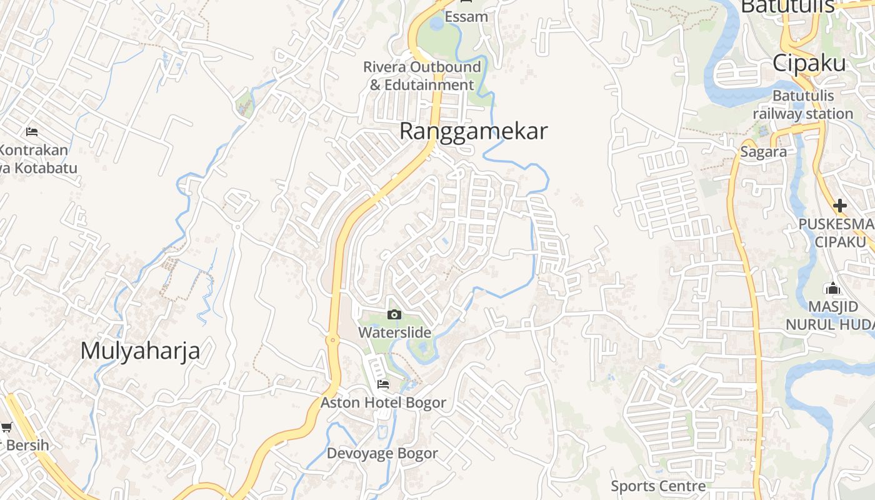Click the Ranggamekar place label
pyautogui.click(x=473, y=131)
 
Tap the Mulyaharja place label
pyautogui.click(x=140, y=351)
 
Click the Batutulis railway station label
pyautogui.click(x=802, y=105)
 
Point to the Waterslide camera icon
pyautogui.click(x=394, y=314)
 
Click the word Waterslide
pyautogui.click(x=394, y=332)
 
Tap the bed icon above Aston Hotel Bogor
pyautogui.click(x=382, y=384)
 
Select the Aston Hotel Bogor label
pyautogui.click(x=383, y=402)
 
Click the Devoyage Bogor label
pyautogui.click(x=382, y=453)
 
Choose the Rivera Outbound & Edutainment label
pyautogui.click(x=422, y=76)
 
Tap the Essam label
pyautogui.click(x=466, y=17)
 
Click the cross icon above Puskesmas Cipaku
pyautogui.click(x=839, y=205)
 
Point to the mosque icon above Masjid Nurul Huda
pyautogui.click(x=832, y=288)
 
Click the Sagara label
pyautogui.click(x=763, y=152)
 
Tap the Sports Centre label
pyautogui.click(x=658, y=486)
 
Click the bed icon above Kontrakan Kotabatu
pyautogui.click(x=32, y=131)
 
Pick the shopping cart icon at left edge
pyautogui.click(x=6, y=427)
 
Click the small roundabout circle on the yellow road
pyautogui.click(x=332, y=340)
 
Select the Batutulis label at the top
pyautogui.click(x=787, y=6)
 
